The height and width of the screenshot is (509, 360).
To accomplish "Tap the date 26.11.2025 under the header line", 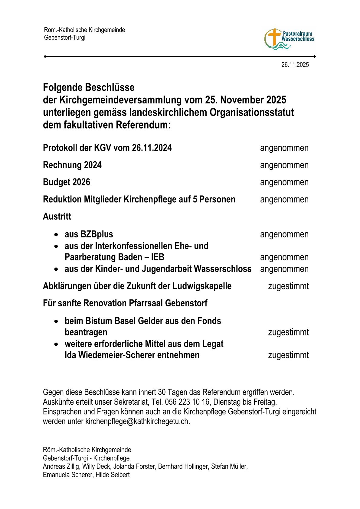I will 295,65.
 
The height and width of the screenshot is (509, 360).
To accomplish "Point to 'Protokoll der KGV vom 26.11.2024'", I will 107,148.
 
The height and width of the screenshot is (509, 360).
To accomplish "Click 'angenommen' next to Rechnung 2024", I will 284,165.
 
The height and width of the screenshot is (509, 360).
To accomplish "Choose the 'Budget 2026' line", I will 67,182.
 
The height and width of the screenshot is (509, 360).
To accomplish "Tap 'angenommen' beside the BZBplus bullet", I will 284,234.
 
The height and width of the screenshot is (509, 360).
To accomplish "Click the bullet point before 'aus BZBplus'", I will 56,235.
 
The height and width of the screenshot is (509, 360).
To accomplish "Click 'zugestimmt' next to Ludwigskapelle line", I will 288,286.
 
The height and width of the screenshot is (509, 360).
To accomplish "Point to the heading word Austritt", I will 57,217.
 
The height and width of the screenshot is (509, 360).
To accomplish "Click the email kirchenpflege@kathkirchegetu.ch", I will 137,421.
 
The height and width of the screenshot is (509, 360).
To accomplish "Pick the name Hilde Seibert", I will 113,475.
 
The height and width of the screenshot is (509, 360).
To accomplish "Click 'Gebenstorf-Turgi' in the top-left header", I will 65,38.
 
